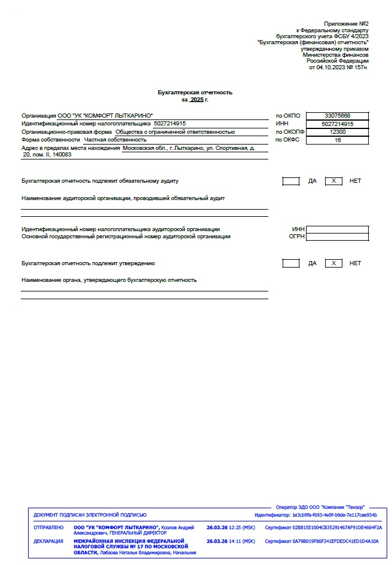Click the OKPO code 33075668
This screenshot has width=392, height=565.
click(x=338, y=115)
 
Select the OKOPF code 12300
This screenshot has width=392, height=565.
click(x=338, y=132)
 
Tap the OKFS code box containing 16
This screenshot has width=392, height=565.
click(x=338, y=140)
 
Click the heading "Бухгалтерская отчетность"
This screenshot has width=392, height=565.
click(x=195, y=93)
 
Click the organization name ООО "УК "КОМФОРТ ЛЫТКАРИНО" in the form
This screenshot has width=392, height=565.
click(x=105, y=115)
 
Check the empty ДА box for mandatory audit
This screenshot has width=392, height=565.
click(x=291, y=181)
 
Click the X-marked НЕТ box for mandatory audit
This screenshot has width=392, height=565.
click(x=333, y=181)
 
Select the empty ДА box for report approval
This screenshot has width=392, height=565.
click(x=291, y=263)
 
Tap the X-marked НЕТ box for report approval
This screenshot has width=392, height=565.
click(x=333, y=263)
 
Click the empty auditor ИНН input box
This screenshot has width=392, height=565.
click(x=337, y=229)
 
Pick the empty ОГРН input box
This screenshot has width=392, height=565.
click(x=337, y=237)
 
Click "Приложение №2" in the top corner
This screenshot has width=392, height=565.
click(x=346, y=22)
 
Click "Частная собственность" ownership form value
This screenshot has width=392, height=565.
click(x=115, y=140)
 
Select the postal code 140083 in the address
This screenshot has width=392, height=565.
click(x=62, y=155)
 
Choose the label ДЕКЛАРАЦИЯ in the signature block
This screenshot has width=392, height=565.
click(x=48, y=542)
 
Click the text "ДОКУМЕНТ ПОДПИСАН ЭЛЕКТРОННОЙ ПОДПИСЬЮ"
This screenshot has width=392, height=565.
click(x=90, y=515)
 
